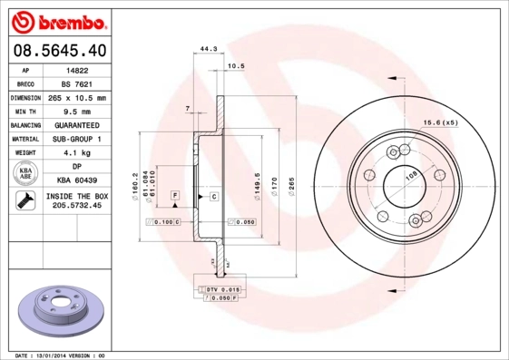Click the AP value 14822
coord(77,69)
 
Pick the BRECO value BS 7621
coord(77,83)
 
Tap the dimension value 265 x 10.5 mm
coord(77,97)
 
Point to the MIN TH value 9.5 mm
coord(77,111)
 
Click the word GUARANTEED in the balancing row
coord(77,125)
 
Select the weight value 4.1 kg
coord(77,153)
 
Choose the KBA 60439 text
coord(77,181)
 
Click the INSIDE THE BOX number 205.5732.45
coord(77,206)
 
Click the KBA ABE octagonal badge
coord(24,174)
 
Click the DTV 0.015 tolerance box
coord(218,288)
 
